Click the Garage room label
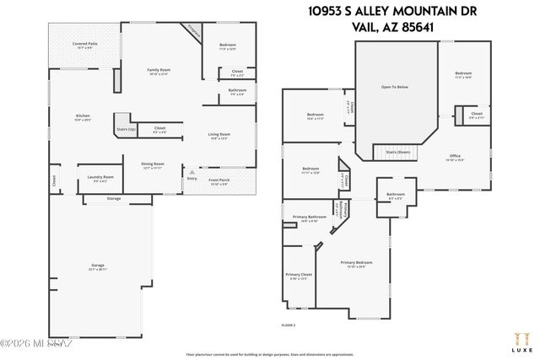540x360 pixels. coord(98,266)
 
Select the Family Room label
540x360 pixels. coord(159,69)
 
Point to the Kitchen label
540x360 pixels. coord(83,116)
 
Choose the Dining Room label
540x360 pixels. coord(152,164)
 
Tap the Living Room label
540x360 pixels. coord(219,134)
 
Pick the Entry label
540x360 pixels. coord(192,178)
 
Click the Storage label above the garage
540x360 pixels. coord(114,198)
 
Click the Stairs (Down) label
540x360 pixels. coord(397,152)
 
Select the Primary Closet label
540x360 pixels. coord(299,274)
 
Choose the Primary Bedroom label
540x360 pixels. coord(355,262)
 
